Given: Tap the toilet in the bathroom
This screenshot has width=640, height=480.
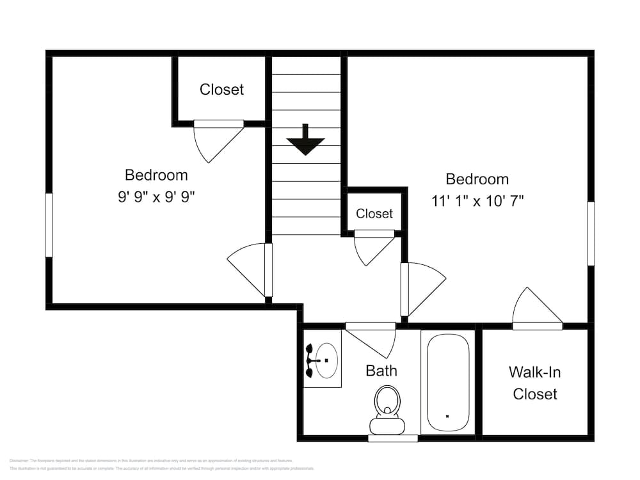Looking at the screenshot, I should coord(387,410).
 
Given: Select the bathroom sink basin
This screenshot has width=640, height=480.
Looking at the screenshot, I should coord(326,361).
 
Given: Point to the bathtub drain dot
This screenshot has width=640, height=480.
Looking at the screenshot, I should coord(447,416).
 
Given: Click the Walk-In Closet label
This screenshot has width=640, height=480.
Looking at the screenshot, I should coord(535,383).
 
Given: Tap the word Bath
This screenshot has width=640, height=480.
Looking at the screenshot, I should coord(381,371).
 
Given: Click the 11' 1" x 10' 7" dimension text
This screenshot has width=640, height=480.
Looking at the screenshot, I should coord(477,201).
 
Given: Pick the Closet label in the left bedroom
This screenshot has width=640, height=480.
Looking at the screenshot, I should coord(221,90).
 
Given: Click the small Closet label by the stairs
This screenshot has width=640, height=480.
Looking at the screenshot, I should coord(374,214).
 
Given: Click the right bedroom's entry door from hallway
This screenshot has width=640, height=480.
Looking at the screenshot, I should coord(421,288).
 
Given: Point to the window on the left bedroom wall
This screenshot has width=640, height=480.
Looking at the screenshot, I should coord(49,225).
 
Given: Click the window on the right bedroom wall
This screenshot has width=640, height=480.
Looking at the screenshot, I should coord(591,234).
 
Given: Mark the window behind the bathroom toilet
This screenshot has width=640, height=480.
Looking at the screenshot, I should coord(393,438).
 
